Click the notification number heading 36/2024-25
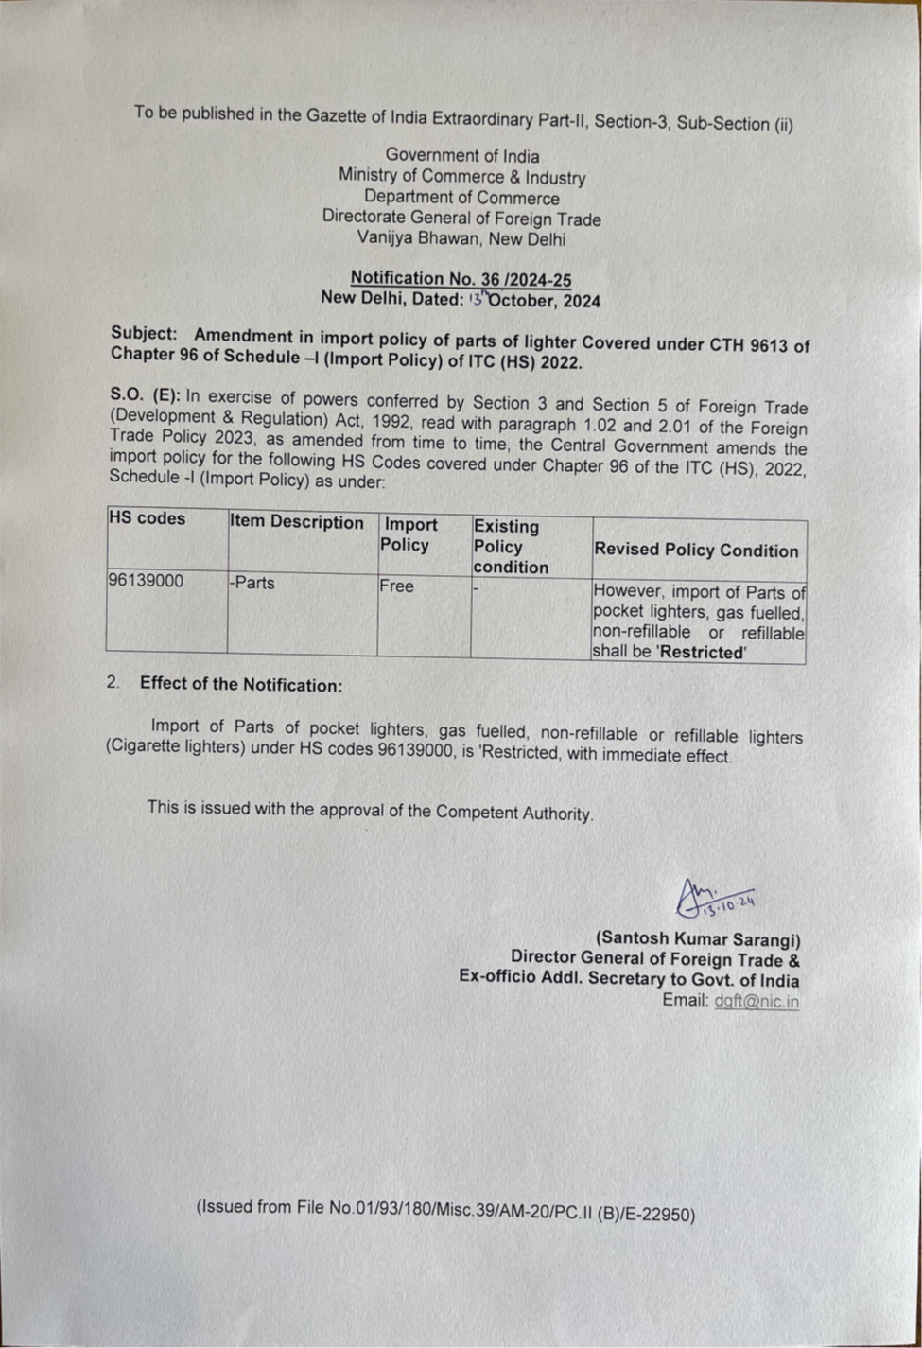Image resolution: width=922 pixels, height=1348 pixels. point(461,278)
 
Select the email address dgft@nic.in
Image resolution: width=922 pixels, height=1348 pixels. point(757,1002)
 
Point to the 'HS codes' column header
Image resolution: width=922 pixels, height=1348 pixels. point(148,518)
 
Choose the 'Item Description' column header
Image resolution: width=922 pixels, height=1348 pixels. point(297,522)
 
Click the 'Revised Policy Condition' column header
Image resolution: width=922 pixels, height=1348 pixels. point(696,551)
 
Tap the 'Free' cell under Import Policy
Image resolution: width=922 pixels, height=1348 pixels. point(397,586)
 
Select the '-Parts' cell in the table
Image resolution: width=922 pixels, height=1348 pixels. point(252,583)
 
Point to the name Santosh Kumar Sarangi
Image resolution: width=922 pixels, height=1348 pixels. point(698,939)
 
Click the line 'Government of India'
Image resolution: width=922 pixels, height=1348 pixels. point(461,156)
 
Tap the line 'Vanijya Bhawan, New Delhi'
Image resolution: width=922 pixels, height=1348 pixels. point(461,239)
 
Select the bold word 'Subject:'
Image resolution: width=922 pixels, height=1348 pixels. point(144,334)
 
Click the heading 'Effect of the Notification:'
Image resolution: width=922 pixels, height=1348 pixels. point(241,685)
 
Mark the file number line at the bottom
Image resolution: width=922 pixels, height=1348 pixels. point(445,1210)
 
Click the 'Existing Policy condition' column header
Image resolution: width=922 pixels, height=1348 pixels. point(511,547)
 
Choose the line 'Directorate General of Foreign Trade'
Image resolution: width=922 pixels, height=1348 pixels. point(461,219)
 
